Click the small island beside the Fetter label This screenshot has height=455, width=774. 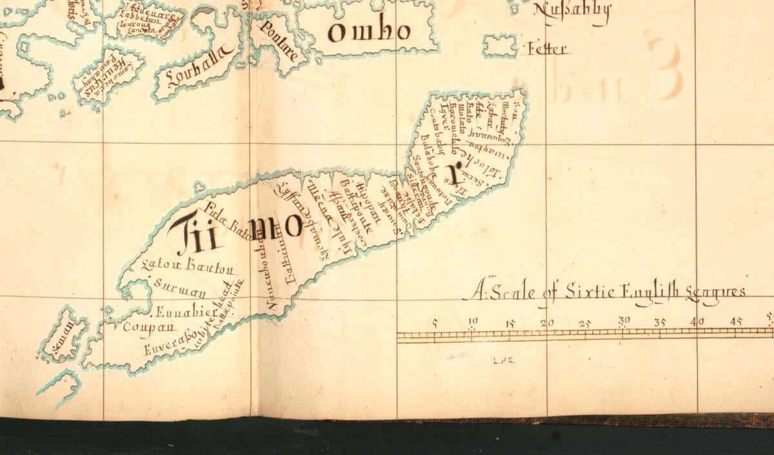click(x=501, y=46)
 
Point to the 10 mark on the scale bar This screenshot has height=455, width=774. click(x=473, y=321)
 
